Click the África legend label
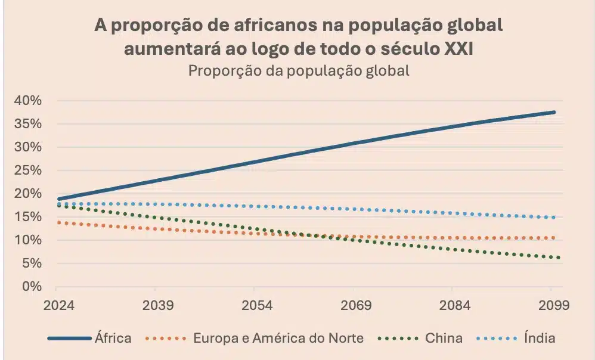click(x=113, y=338)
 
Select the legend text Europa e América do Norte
click(x=278, y=338)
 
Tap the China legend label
click(x=444, y=338)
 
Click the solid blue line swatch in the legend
click(x=69, y=339)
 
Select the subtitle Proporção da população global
click(x=299, y=70)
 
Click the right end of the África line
click(x=554, y=112)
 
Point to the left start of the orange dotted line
click(x=57, y=222)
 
